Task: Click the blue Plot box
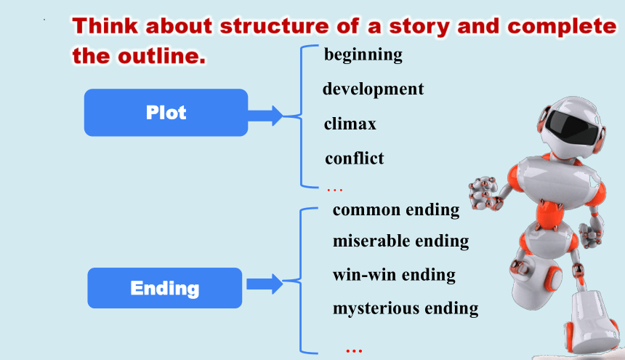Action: click(x=166, y=113)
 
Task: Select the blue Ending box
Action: click(x=165, y=288)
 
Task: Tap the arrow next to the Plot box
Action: click(x=265, y=116)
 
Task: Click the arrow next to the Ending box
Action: click(x=265, y=284)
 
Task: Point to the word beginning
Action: click(x=363, y=55)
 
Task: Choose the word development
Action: click(x=373, y=89)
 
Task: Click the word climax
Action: click(x=350, y=124)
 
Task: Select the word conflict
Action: click(x=355, y=159)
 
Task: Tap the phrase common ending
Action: click(x=396, y=210)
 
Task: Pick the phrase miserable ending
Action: click(x=400, y=241)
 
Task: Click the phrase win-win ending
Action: click(x=394, y=275)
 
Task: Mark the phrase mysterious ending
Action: click(x=406, y=308)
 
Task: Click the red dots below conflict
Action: click(x=335, y=190)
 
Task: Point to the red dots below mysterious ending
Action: click(x=354, y=351)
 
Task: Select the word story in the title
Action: click(x=419, y=27)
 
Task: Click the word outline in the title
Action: click(x=162, y=56)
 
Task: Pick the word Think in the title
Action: click(x=105, y=26)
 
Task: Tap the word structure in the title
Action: click(x=275, y=26)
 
